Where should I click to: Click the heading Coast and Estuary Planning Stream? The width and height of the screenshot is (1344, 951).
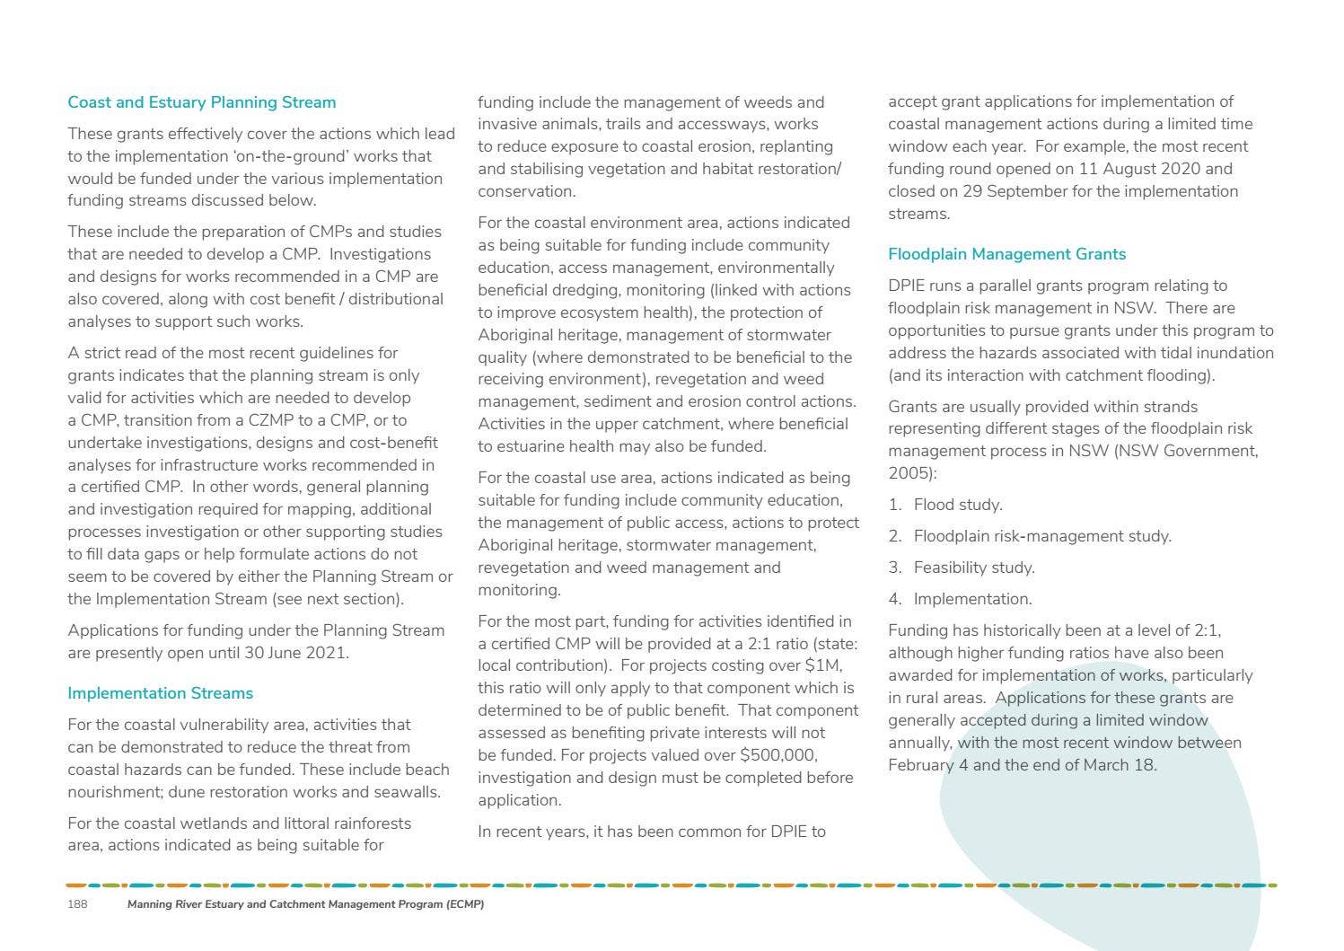coord(201,102)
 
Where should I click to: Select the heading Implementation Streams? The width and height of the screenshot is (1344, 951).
coord(160,693)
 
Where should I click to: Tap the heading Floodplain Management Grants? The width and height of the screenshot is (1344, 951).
coord(1006,254)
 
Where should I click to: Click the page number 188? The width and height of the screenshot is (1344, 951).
coord(77,904)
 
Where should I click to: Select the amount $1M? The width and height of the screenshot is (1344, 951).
coord(823,665)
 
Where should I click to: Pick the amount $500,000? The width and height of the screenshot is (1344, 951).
coord(777,755)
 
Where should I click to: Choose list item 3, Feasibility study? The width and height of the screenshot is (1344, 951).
coord(973,568)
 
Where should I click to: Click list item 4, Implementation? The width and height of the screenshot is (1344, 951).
coord(972,599)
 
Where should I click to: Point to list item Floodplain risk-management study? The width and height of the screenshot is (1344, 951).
coord(1041,536)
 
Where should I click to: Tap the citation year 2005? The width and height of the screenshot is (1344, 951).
coord(907,473)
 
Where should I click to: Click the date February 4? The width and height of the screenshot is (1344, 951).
coord(927,765)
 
